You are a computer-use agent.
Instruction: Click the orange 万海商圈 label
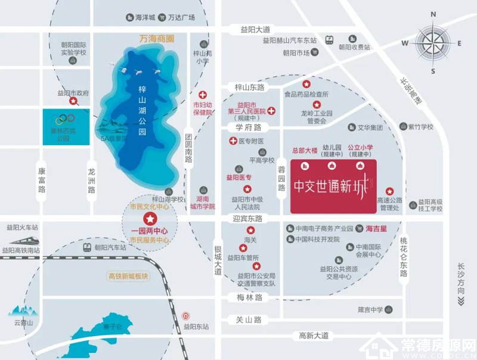tap(156, 38)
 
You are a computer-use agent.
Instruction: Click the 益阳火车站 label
tap(22, 228)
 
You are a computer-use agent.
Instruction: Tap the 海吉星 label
tap(376, 228)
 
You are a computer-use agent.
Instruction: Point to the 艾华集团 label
tap(372, 128)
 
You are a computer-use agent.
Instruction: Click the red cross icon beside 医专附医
tap(233, 141)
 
